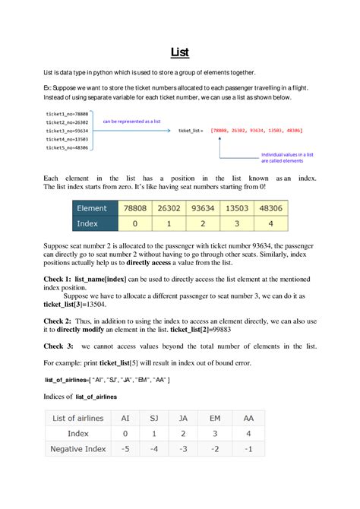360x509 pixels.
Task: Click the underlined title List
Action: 179,52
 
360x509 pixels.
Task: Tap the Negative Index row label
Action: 78,449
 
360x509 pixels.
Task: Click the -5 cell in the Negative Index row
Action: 125,449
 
